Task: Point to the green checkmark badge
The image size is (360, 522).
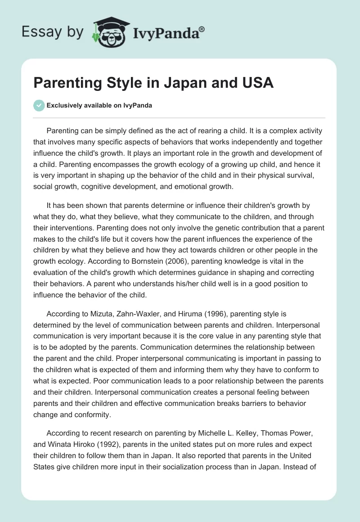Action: coord(39,105)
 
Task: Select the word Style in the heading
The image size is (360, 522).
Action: coord(118,84)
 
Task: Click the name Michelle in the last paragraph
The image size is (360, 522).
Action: coord(198,433)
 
